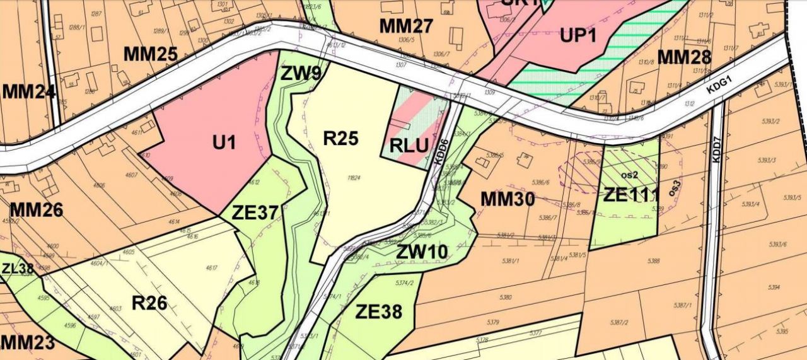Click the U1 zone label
click(x=223, y=143)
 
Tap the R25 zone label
click(x=341, y=138)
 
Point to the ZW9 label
click(x=301, y=74)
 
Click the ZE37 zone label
click(x=255, y=213)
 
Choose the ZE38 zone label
click(x=378, y=311)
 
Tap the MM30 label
click(x=508, y=200)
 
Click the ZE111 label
click(x=631, y=195)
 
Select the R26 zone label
click(x=149, y=303)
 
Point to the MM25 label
click(x=150, y=54)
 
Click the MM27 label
click(x=406, y=26)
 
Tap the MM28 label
click(x=684, y=57)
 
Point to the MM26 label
click(x=37, y=209)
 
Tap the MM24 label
click(x=28, y=92)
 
